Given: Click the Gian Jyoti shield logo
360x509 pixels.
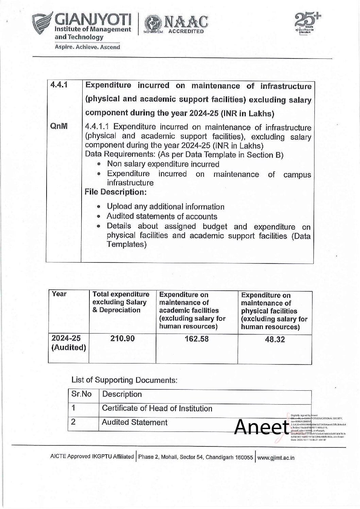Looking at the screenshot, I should tap(44, 24).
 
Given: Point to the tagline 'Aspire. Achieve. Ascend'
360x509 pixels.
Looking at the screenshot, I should tap(87, 47).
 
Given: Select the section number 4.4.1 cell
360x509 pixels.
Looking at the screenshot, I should tap(57, 85).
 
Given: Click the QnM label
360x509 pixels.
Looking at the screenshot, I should tap(58, 126).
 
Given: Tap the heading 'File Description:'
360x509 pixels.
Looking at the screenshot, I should tap(116, 192).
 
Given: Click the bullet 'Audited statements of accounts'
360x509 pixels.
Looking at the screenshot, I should tap(162, 216).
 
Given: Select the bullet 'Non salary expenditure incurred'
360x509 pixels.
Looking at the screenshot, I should tap(163, 164).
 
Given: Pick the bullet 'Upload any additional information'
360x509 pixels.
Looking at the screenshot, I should tap(165, 207).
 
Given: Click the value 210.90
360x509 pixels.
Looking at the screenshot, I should tap(122, 338).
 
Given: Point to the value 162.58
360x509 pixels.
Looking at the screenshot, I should tap(196, 339).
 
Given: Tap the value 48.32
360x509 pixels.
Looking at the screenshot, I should tap(275, 339).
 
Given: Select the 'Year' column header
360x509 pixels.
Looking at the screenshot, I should tap(59, 294).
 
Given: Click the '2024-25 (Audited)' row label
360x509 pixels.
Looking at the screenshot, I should tap(68, 343).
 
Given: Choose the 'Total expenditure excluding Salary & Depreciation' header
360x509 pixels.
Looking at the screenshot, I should tap(121, 302).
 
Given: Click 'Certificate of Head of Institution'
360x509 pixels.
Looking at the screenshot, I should tap(157, 408).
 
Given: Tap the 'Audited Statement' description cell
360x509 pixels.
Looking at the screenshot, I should tap(135, 422).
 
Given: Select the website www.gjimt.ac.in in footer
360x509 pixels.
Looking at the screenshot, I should tap(276, 458).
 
